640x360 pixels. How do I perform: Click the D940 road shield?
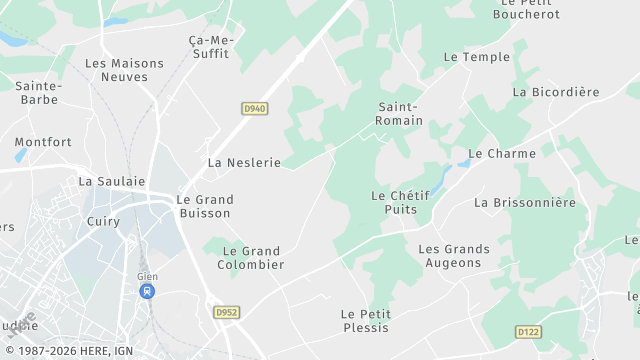click(254, 108)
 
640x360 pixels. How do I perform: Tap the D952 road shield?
click(226, 312)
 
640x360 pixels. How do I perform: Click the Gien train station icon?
click(147, 291)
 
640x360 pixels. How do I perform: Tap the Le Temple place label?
click(477, 57)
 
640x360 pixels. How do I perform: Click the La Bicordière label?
click(555, 92)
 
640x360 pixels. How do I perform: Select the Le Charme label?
click(502, 154)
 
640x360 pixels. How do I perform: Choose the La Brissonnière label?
click(525, 202)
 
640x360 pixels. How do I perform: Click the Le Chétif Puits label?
click(400, 202)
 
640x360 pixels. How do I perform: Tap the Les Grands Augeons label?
click(454, 256)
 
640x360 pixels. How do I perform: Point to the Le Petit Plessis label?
click(365, 321)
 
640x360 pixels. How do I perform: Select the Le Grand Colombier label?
click(251, 258)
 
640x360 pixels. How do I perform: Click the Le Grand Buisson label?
click(204, 206)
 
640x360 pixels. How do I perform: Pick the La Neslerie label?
click(244, 162)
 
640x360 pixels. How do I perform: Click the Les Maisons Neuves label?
click(124, 70)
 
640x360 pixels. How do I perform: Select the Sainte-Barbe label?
click(40, 93)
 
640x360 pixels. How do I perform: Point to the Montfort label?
click(43, 142)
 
